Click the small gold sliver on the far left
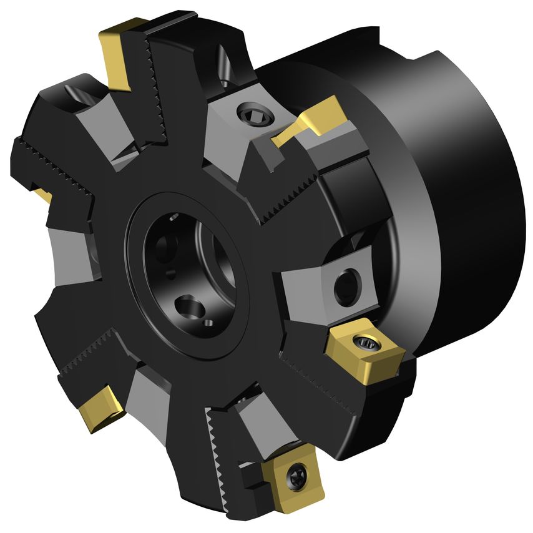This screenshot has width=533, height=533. pyautogui.click(x=42, y=194)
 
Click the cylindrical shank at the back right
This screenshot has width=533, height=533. pyautogui.click(x=462, y=187)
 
